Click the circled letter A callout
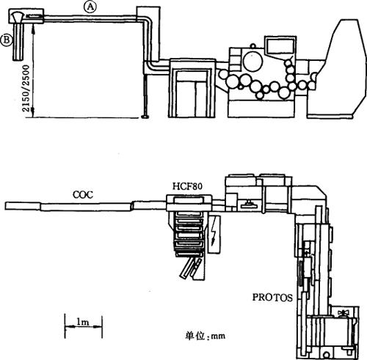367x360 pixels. point(90,7)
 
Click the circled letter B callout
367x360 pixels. point(7,40)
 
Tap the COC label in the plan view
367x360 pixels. point(83,194)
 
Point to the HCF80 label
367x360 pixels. point(188,186)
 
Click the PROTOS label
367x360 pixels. point(272,298)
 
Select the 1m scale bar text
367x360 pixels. point(83,322)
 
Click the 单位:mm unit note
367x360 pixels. point(205,336)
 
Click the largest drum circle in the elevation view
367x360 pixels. point(253,62)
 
